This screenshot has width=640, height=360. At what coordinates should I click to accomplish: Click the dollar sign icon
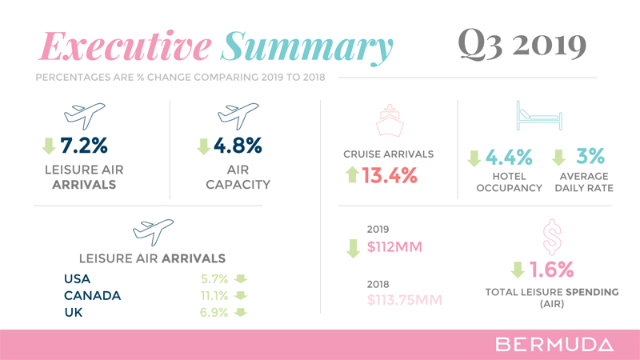point(551,239)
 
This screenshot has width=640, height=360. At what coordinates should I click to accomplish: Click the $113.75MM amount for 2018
point(405,300)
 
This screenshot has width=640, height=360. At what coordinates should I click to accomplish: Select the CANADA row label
point(93,295)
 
